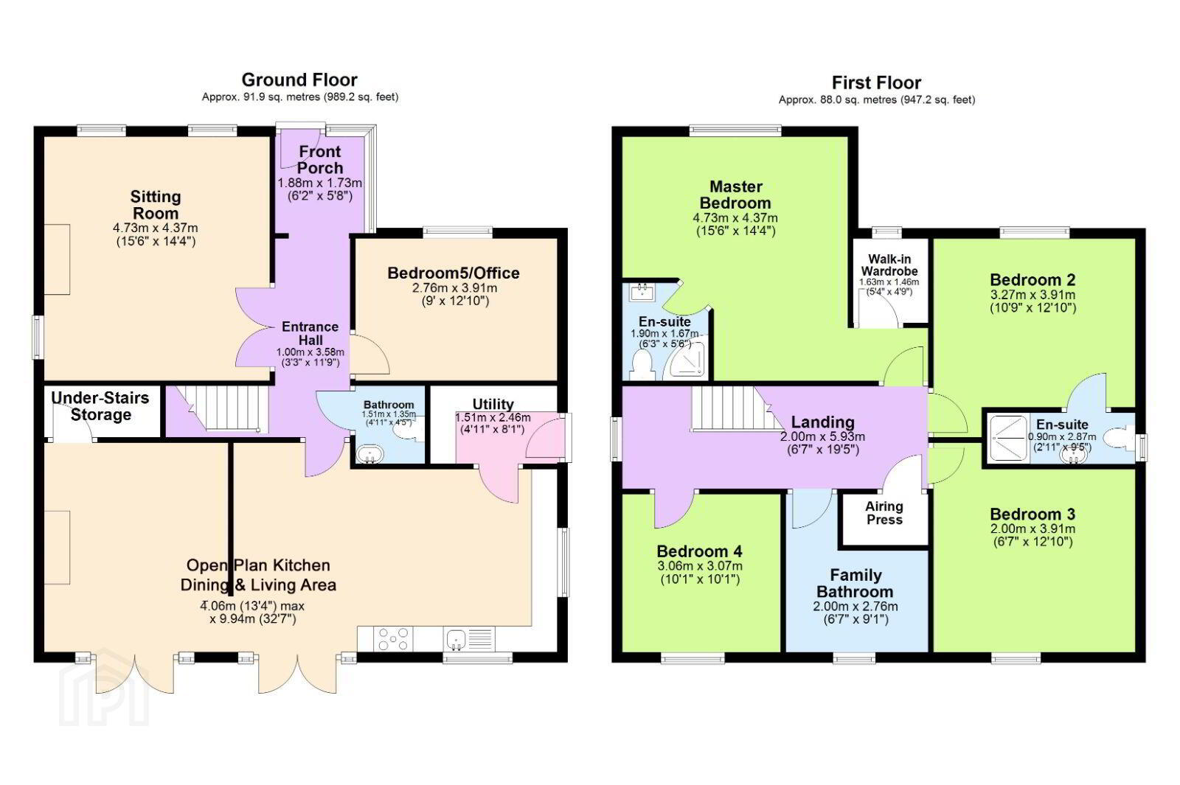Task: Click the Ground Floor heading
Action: [299, 80]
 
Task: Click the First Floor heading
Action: [877, 83]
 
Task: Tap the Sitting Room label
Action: [156, 205]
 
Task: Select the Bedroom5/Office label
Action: [454, 273]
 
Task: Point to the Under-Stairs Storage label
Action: [100, 406]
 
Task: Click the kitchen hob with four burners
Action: [394, 638]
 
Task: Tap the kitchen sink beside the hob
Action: [457, 639]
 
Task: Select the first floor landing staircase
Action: [737, 408]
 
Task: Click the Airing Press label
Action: [884, 513]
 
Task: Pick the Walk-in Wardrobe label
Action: [889, 265]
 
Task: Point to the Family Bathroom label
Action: [855, 583]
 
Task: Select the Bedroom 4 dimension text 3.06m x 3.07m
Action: [700, 567]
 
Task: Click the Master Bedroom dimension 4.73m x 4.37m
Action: [735, 217]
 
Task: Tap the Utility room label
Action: [493, 404]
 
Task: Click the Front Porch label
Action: [320, 159]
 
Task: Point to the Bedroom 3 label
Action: [1032, 514]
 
